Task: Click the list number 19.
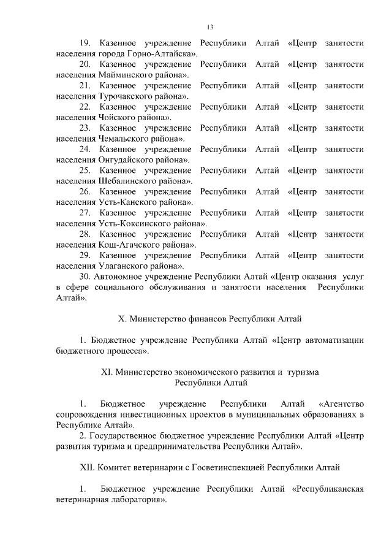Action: tap(85, 44)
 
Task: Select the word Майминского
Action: tap(127, 75)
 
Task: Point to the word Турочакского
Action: tap(128, 96)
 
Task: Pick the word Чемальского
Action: tap(126, 139)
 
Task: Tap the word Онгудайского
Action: tap(127, 159)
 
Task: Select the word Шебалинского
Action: tap(129, 181)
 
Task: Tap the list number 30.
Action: tap(85, 277)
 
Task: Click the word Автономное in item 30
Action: tap(121, 277)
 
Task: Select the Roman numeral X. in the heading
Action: tap(121, 319)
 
